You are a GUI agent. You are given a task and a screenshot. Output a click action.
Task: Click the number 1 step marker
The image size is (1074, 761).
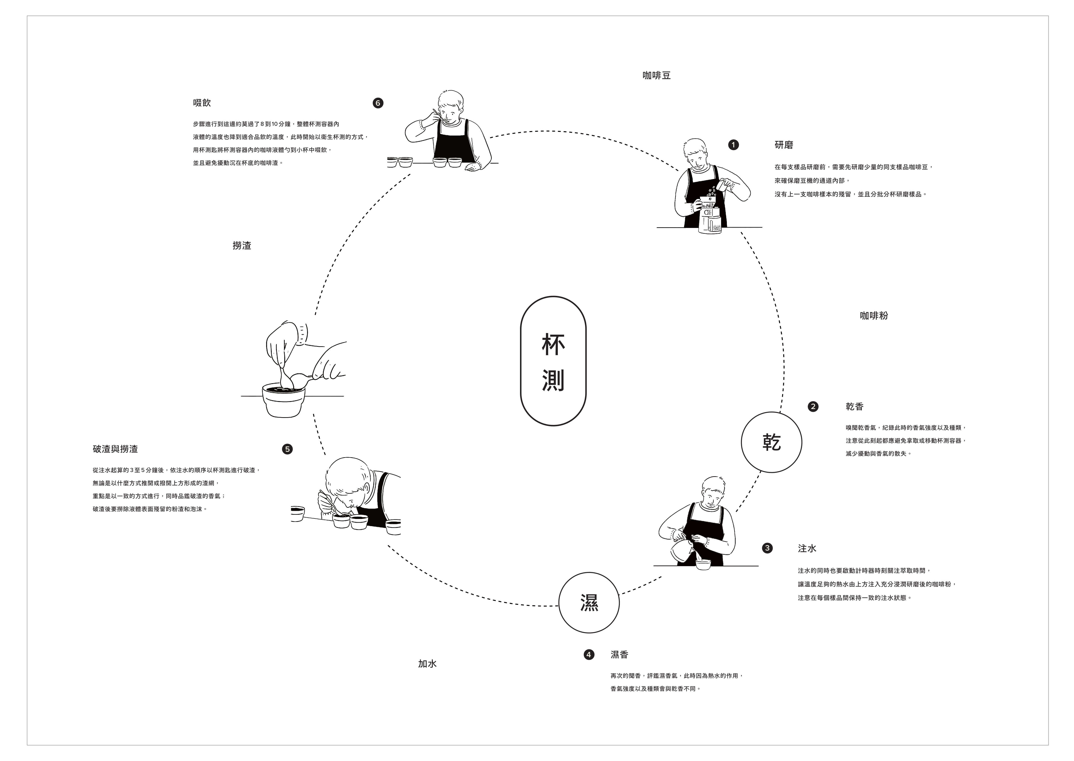point(734,145)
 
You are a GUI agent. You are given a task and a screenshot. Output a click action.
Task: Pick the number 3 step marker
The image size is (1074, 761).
point(767,548)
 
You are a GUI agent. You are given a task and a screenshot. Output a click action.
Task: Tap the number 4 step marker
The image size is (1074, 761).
point(589,655)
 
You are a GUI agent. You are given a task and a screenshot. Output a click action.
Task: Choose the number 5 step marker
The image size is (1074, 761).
point(287,449)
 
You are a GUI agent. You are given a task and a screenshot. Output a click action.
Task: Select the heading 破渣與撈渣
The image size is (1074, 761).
point(115,449)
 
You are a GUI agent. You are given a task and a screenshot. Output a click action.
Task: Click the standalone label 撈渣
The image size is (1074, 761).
point(242,246)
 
